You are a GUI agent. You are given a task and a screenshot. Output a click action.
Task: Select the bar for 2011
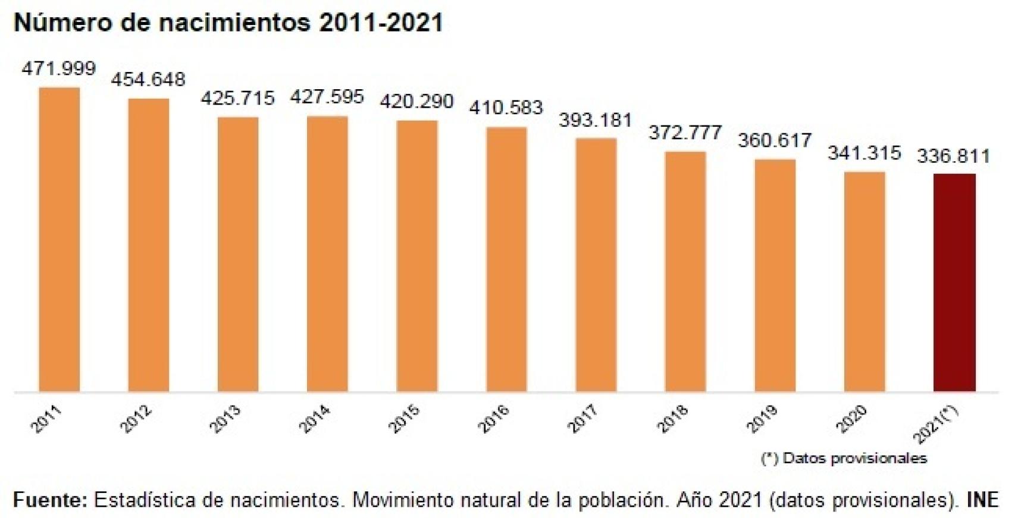click(x=59, y=239)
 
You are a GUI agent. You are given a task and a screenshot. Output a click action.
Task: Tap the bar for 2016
click(x=506, y=259)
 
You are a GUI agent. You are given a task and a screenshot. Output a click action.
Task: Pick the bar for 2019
click(x=775, y=275)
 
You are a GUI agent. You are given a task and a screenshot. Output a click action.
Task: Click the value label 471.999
click(x=58, y=68)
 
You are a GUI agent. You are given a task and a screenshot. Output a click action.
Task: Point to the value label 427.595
click(x=327, y=96)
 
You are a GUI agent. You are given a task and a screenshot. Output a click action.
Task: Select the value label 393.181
click(x=595, y=120)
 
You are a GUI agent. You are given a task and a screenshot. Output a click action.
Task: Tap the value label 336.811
click(x=953, y=156)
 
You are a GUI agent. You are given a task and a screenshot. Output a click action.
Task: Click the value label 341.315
click(x=864, y=153)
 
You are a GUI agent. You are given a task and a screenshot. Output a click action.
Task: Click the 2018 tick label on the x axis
click(x=672, y=419)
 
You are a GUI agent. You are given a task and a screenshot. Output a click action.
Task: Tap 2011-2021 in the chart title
click(x=381, y=23)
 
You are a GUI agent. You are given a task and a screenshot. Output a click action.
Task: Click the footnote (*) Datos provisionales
click(x=844, y=458)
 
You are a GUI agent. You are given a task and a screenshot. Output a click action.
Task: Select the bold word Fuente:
click(x=50, y=500)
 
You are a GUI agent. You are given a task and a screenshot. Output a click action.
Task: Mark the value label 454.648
click(x=148, y=79)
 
